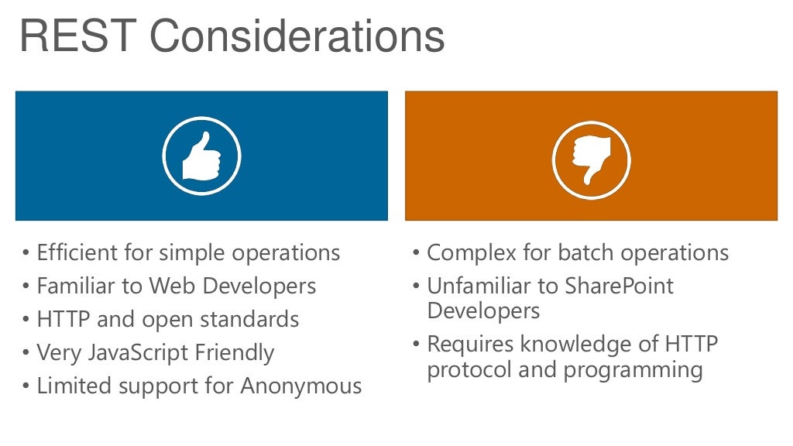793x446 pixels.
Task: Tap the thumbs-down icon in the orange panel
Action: (x=592, y=160)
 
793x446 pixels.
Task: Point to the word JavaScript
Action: (x=136, y=353)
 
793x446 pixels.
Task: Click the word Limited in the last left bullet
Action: (x=70, y=386)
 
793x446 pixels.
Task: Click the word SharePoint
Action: (x=620, y=286)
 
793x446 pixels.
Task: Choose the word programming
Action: (x=633, y=370)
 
